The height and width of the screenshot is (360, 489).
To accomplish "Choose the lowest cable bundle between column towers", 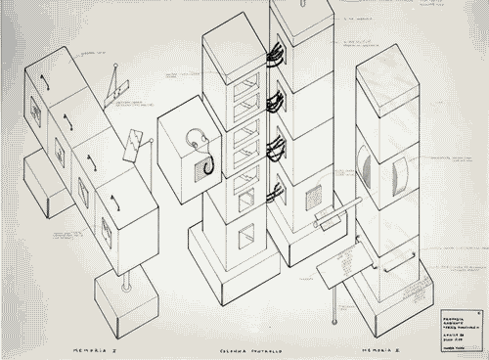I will coord(277,192).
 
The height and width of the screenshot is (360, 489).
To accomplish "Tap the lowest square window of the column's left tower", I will coord(246,235).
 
